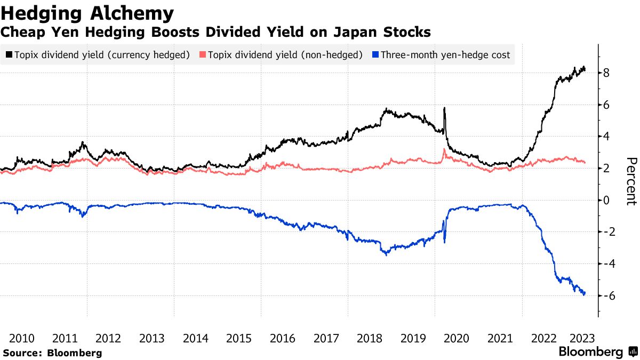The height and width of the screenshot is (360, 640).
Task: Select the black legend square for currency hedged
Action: [x=9, y=54]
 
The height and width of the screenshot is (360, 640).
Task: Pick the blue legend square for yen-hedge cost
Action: [x=376, y=54]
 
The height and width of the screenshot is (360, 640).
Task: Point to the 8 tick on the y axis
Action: [x=606, y=73]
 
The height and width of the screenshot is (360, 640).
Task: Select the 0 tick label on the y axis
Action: [x=606, y=201]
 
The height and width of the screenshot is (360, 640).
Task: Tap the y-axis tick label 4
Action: [x=606, y=137]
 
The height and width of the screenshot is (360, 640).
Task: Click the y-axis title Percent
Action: [x=631, y=181]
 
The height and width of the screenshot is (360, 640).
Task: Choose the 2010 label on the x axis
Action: [x=22, y=338]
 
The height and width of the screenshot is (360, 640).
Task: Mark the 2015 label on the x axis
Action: [x=239, y=338]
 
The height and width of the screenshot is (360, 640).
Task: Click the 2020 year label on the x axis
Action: [x=456, y=338]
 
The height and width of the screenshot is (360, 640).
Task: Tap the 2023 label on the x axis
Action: [x=582, y=338]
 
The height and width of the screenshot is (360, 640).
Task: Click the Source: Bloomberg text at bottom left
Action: [x=52, y=353]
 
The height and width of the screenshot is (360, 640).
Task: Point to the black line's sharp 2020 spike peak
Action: [x=444, y=108]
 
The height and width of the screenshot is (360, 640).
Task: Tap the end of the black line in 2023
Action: [x=585, y=69]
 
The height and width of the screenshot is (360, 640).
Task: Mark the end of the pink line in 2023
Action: [x=585, y=162]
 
